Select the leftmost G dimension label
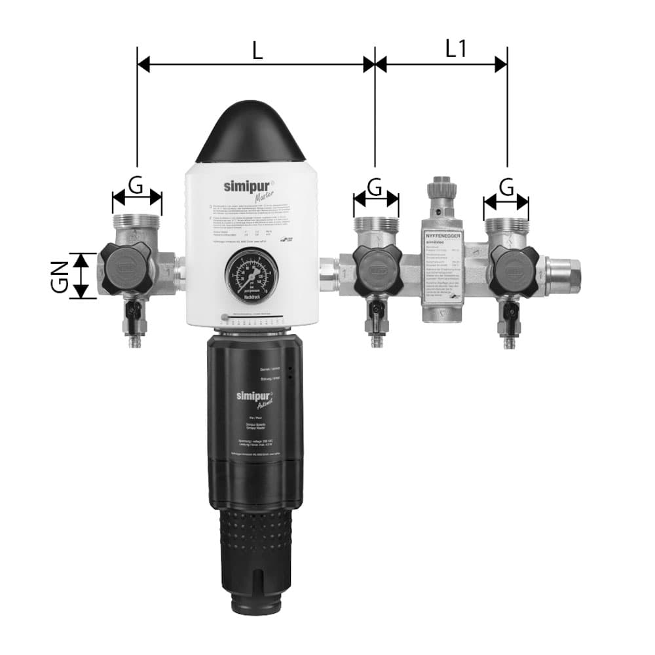click(136, 185)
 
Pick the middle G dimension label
click(375, 187)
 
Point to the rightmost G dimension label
click(506, 187)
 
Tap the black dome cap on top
click(250, 134)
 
